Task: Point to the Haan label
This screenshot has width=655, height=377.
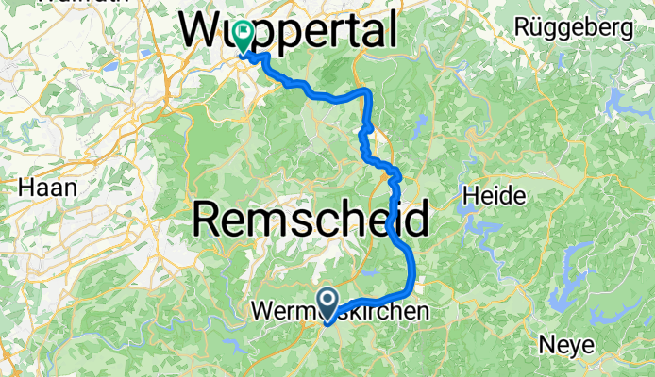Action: point(47,187)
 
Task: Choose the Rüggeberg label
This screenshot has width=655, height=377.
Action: point(573,27)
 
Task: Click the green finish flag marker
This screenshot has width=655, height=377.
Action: point(244,36)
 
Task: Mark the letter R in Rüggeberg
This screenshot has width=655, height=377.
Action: point(522,27)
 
